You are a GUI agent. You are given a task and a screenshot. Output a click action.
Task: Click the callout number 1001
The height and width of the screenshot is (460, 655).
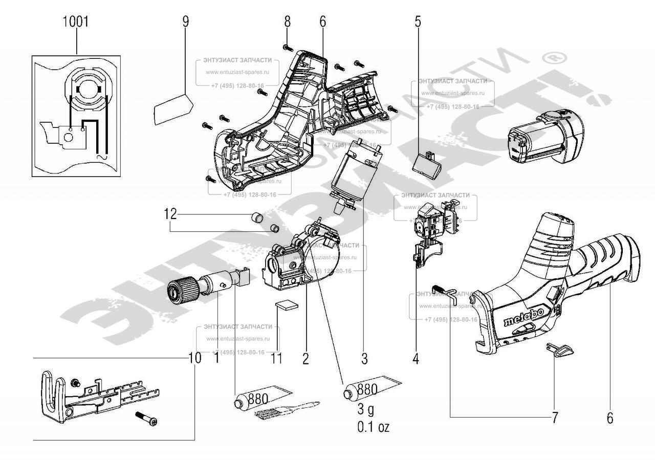click(x=76, y=22)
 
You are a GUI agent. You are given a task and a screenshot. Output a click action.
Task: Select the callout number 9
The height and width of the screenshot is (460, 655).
click(x=185, y=22)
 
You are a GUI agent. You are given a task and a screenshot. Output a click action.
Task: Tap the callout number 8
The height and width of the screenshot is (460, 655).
click(x=287, y=22)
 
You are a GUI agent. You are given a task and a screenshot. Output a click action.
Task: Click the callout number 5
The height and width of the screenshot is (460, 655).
click(x=418, y=22)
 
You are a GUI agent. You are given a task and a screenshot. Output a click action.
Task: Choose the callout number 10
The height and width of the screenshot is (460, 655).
click(x=194, y=358)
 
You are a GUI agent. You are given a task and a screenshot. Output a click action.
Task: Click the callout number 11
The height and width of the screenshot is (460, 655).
click(x=276, y=358)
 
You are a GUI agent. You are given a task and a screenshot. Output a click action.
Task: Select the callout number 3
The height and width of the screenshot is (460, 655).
click(x=364, y=359)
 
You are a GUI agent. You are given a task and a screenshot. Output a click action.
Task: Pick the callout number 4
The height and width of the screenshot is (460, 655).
click(x=416, y=359)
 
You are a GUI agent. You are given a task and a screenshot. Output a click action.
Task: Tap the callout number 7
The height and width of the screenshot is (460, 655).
click(x=555, y=417)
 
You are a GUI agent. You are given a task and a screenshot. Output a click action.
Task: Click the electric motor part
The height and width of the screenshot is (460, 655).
click(x=353, y=174)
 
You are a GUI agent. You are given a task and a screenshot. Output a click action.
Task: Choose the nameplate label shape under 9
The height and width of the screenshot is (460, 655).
click(x=172, y=107)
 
